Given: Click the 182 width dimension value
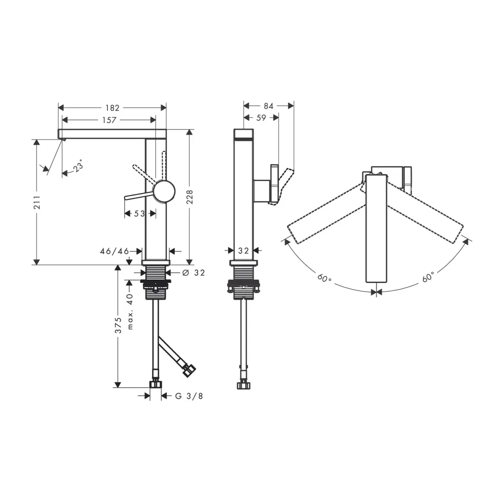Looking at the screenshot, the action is [112, 108].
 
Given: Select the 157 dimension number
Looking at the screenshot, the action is [109, 120].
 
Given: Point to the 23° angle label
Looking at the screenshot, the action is [78, 166].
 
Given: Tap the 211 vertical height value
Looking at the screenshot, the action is [38, 202].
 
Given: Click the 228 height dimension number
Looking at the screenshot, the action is [190, 197].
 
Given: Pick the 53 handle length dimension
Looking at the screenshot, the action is [139, 213].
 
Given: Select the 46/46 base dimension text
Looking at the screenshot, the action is [115, 252].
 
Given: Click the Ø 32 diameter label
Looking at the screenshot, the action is [193, 273].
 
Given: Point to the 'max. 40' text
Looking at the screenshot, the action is [130, 312].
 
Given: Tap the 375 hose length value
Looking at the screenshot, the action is [119, 325].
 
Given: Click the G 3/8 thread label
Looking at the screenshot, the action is [189, 396].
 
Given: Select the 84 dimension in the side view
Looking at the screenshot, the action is [269, 106].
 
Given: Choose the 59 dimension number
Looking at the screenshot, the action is [261, 118].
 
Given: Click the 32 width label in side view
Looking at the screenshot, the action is [243, 250].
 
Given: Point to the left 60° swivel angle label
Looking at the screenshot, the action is [324, 278].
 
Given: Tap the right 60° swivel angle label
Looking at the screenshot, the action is [428, 277].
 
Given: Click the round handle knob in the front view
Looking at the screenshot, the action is [164, 191].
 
